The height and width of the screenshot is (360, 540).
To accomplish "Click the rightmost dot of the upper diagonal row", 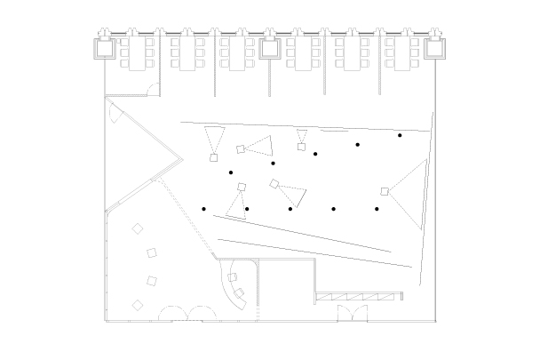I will point(400,135).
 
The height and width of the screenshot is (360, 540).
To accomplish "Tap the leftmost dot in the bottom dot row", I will point(204,209).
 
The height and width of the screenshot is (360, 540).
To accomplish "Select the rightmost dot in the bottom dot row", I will point(377,209).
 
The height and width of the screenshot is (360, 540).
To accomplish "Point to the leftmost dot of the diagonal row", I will point(231,172).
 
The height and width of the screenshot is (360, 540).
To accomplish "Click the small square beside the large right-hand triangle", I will point(385,191).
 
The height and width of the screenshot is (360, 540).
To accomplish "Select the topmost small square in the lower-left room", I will point(138,228).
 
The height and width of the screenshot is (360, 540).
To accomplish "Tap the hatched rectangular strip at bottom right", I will point(358,296).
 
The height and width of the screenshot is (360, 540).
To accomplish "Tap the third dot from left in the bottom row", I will point(290,209).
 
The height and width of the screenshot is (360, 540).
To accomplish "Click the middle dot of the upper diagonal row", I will point(315,154).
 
